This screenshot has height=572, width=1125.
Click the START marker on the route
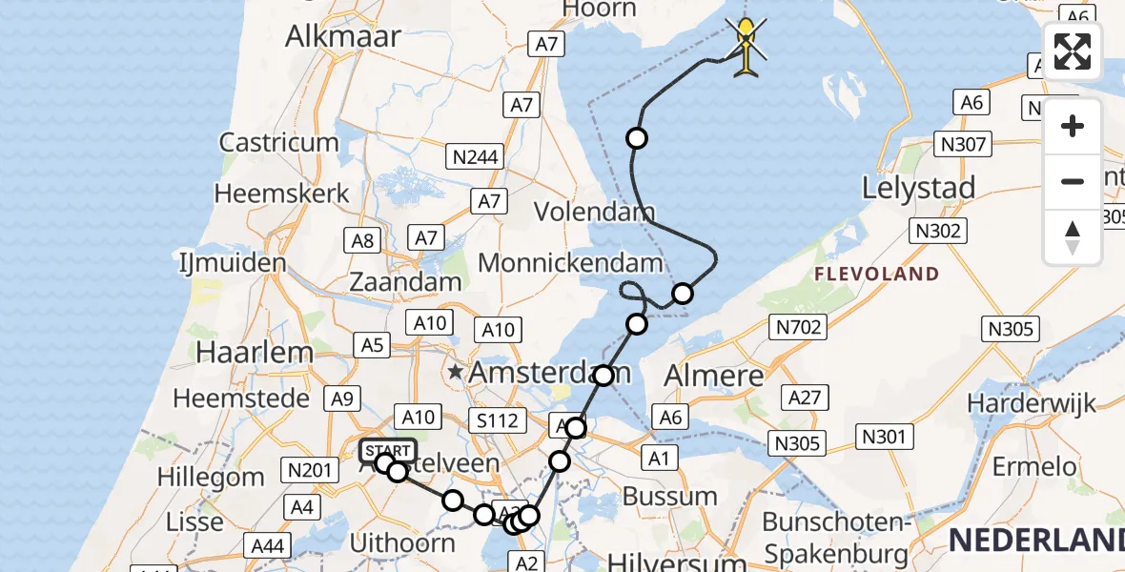pos(388,451)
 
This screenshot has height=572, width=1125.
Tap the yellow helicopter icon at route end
pos(747,45)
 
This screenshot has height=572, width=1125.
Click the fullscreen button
pos(1073,51)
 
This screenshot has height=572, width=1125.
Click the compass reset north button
pos(1073,236)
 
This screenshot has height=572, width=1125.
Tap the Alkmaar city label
pos(343,35)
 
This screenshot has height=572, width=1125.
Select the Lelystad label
pos(918,188)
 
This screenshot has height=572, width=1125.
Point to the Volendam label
pos(594,211)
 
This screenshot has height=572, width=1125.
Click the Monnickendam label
pos(570,262)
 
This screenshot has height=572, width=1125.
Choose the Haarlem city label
pos(254,352)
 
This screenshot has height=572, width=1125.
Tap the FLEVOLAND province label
pos(876,275)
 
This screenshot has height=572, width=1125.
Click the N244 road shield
pos(474,157)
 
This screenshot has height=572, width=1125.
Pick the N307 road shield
pos(963,144)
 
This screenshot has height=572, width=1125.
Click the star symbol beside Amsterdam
pos(457,371)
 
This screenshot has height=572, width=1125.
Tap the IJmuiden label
pos(233,263)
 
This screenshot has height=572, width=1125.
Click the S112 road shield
pos(497,419)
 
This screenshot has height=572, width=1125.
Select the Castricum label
pos(278,143)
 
